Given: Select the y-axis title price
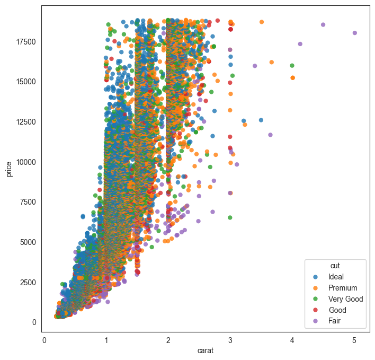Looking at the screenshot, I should (10, 170).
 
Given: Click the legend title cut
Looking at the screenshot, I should (335, 265).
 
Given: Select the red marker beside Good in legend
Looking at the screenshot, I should (316, 310).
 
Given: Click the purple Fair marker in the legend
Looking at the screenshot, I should (316, 321).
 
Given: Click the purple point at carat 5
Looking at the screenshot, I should (355, 33).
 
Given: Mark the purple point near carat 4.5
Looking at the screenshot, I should (323, 25).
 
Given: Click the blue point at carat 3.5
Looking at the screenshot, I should (261, 120).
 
